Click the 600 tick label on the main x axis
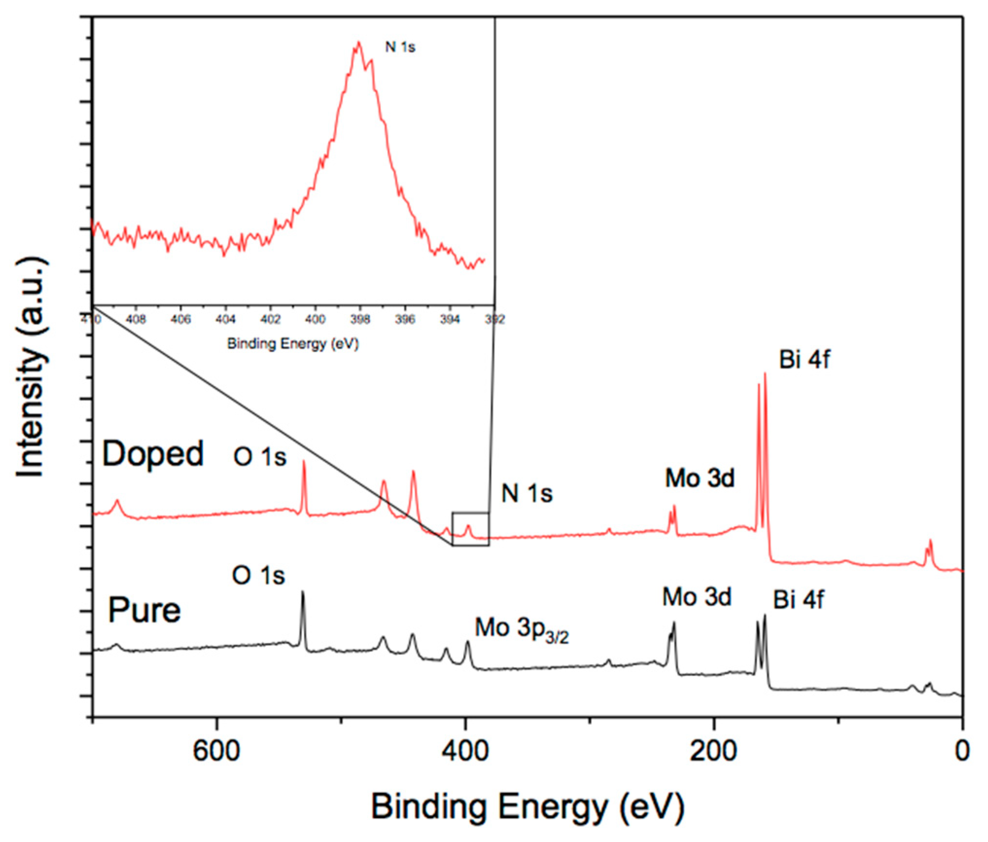click(x=216, y=751)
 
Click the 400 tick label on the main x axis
click(x=465, y=751)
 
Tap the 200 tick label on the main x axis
click(x=713, y=751)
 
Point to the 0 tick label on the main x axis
click(x=962, y=751)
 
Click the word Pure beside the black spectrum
click(x=144, y=610)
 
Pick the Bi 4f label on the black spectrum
click(x=798, y=600)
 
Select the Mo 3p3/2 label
click(x=521, y=629)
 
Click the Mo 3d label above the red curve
click(x=700, y=478)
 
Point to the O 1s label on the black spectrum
click(x=258, y=575)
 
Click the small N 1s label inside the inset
click(x=400, y=47)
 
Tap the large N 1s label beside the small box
click(x=527, y=493)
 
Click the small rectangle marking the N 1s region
click(x=470, y=529)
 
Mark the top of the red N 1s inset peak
click(x=359, y=42)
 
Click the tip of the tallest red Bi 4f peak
click(x=765, y=374)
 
